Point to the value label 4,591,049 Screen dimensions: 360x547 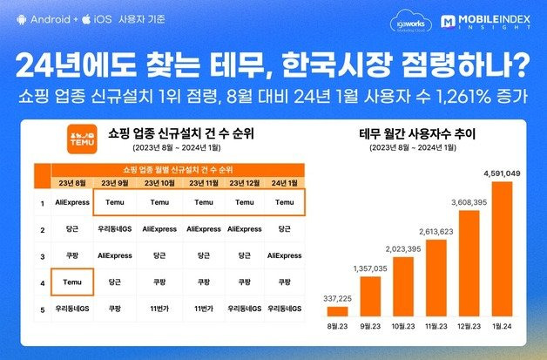(x=501, y=173)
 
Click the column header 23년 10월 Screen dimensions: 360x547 (x=159, y=182)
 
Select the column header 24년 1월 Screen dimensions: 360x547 (x=284, y=182)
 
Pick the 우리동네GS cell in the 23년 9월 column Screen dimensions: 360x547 (x=115, y=228)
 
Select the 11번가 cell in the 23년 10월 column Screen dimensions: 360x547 (x=159, y=308)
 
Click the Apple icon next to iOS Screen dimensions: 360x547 (x=86, y=18)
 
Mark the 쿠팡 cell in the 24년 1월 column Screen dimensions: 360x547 (x=284, y=282)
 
